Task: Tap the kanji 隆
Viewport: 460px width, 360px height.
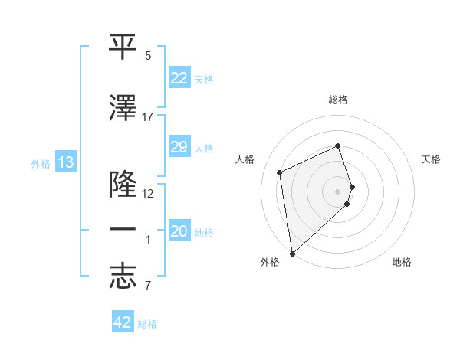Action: coord(123,185)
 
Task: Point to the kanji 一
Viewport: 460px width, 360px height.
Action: coord(123,231)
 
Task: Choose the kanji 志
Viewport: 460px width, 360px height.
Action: coord(123,277)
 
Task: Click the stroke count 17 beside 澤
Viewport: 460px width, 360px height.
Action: coord(148,117)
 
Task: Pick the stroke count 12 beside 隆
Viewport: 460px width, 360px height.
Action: coord(148,194)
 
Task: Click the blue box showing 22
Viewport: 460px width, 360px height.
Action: coord(179,78)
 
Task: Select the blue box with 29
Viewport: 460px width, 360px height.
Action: coord(179,147)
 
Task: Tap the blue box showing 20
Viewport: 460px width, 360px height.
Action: coord(179,232)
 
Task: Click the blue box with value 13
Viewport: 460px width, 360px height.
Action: coord(65,162)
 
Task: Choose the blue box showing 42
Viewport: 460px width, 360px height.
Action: coord(123,322)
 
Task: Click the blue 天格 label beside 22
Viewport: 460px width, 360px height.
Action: coord(204,79)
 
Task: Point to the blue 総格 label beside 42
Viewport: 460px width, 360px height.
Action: coord(147,324)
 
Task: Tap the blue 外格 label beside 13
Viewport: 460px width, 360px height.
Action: coord(40,163)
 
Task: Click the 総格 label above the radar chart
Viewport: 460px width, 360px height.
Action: coord(338,100)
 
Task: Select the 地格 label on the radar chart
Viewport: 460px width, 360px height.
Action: coord(402,263)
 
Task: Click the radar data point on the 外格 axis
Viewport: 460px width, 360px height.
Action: coord(291,254)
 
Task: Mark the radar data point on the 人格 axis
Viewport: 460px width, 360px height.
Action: coord(280,172)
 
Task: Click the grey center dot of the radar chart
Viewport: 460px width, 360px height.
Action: coord(338,191)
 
